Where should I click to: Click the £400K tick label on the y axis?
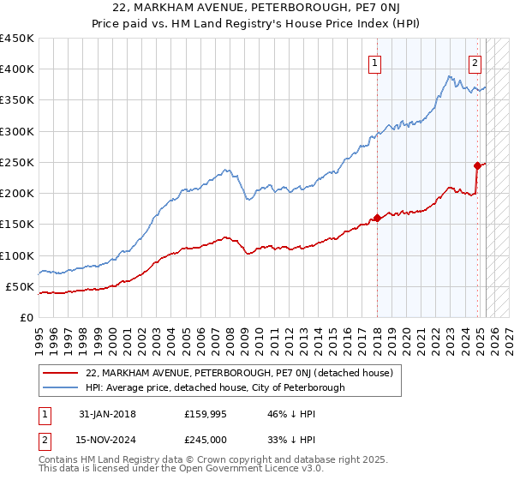[17, 69]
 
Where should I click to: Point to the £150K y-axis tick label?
[17, 225]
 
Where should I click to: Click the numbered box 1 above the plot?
[376, 62]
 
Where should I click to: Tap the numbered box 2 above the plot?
[475, 62]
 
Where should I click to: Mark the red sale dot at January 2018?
[377, 219]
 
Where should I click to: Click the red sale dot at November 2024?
[477, 165]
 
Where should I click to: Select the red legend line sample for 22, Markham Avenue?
[61, 373]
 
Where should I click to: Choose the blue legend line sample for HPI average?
[61, 387]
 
